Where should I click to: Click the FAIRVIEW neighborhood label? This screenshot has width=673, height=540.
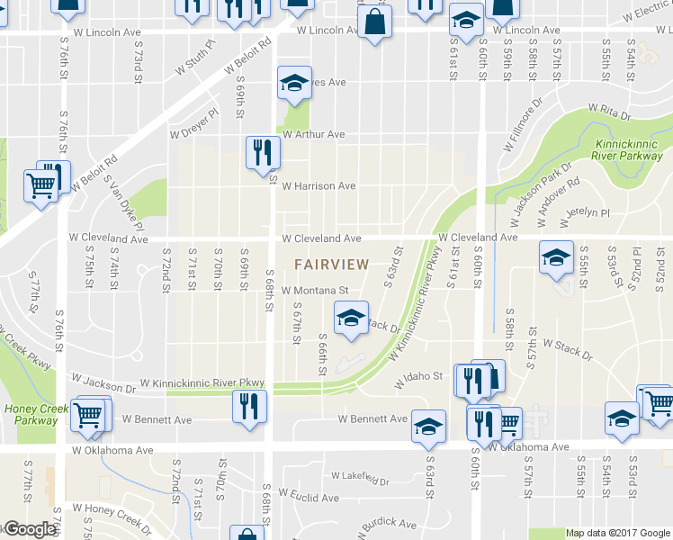[x=332, y=265]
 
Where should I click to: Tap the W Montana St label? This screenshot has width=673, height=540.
[x=314, y=291]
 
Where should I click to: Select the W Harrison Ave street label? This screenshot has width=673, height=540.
[x=319, y=186]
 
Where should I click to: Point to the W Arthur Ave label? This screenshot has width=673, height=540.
[x=313, y=134]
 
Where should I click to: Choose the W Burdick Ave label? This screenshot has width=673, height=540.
[x=390, y=524]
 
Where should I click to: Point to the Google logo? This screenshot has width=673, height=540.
[x=30, y=529]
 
